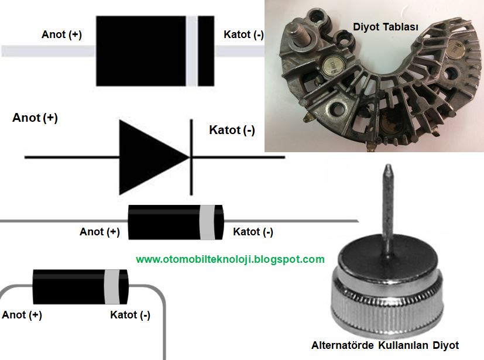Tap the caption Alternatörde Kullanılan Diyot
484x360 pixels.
click(385, 345)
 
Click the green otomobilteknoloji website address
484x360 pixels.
click(230, 259)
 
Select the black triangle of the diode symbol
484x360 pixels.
click(149, 157)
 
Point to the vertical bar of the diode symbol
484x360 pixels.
click(191, 156)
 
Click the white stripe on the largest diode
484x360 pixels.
click(191, 50)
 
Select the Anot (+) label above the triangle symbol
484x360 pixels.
click(35, 118)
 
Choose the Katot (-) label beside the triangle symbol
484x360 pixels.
click(232, 130)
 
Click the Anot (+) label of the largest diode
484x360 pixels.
click(61, 35)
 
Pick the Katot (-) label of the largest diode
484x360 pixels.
click(243, 35)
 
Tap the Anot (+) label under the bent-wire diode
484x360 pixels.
click(22, 315)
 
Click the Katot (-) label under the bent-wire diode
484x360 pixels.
click(130, 315)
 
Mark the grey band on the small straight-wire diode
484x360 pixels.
click(205, 222)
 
